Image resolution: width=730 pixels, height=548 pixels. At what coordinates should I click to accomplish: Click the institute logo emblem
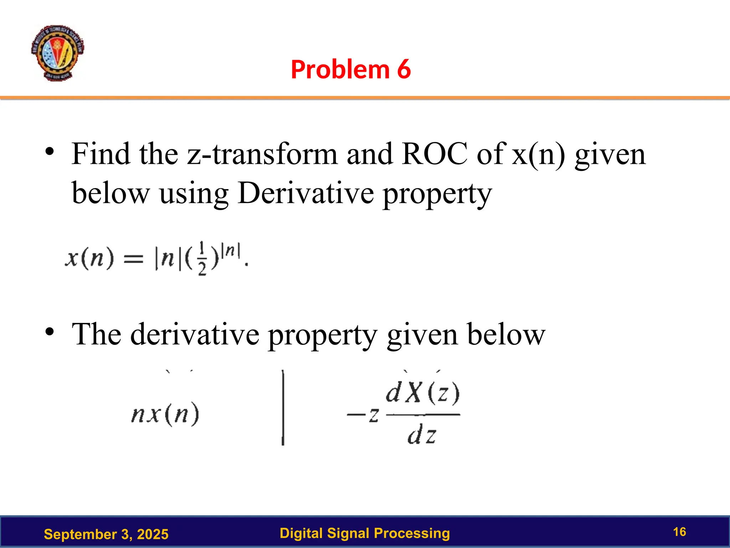click(x=57, y=53)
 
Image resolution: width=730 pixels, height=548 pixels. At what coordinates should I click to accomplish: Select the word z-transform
click(x=262, y=154)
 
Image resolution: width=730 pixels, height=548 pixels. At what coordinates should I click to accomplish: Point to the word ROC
click(x=435, y=154)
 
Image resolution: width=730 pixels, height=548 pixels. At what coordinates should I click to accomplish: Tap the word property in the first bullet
click(x=437, y=194)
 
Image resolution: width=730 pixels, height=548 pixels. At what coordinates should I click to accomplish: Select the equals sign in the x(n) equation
click(x=133, y=259)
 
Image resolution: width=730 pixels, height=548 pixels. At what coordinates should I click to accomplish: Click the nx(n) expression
click(x=165, y=415)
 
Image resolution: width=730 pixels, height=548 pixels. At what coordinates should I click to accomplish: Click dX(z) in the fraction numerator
click(x=423, y=393)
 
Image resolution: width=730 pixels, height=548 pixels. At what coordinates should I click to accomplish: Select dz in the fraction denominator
click(x=422, y=436)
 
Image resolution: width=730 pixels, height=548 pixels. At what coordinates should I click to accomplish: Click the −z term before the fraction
click(x=363, y=415)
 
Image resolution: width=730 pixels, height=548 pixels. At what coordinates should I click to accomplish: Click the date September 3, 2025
click(x=106, y=534)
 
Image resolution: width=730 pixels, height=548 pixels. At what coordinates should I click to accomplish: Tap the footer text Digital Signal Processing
click(x=365, y=533)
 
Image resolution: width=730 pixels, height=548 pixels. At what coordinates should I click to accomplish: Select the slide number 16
click(x=679, y=532)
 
